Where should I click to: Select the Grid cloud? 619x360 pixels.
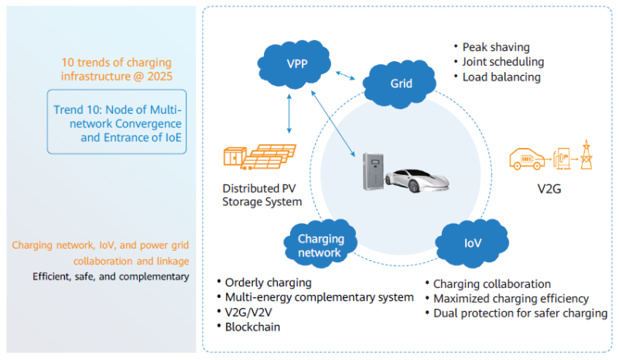click(400, 83)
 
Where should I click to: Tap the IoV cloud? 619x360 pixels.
click(473, 242)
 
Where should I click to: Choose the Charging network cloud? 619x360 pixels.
click(320, 245)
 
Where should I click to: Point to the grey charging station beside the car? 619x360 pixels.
click(374, 171)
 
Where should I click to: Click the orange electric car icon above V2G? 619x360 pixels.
click(529, 159)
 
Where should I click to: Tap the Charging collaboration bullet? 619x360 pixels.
click(491, 284)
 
